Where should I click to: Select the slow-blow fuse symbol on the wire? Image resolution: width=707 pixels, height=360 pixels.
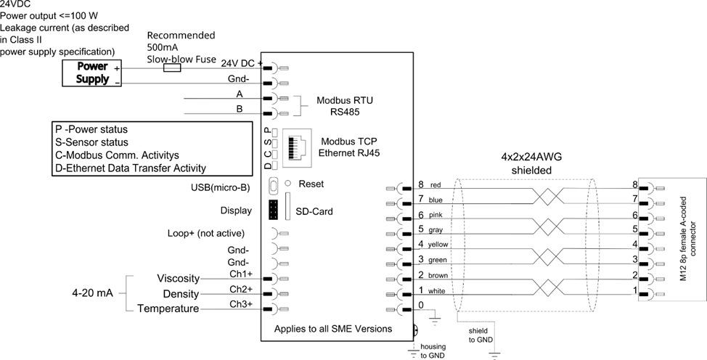[x=172, y=67]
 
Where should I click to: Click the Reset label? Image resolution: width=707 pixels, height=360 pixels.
[x=311, y=184]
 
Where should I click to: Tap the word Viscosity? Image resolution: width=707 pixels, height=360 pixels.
[x=179, y=279]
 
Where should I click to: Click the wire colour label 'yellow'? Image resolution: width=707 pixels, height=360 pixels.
[x=439, y=245]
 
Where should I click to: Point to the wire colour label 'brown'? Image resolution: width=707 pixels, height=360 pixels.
[x=438, y=276]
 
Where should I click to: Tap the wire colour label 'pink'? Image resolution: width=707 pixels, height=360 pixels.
[x=436, y=215]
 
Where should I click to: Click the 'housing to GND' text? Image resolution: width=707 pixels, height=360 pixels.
[x=433, y=351]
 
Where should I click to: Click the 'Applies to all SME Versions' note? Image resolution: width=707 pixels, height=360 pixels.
[x=333, y=329]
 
